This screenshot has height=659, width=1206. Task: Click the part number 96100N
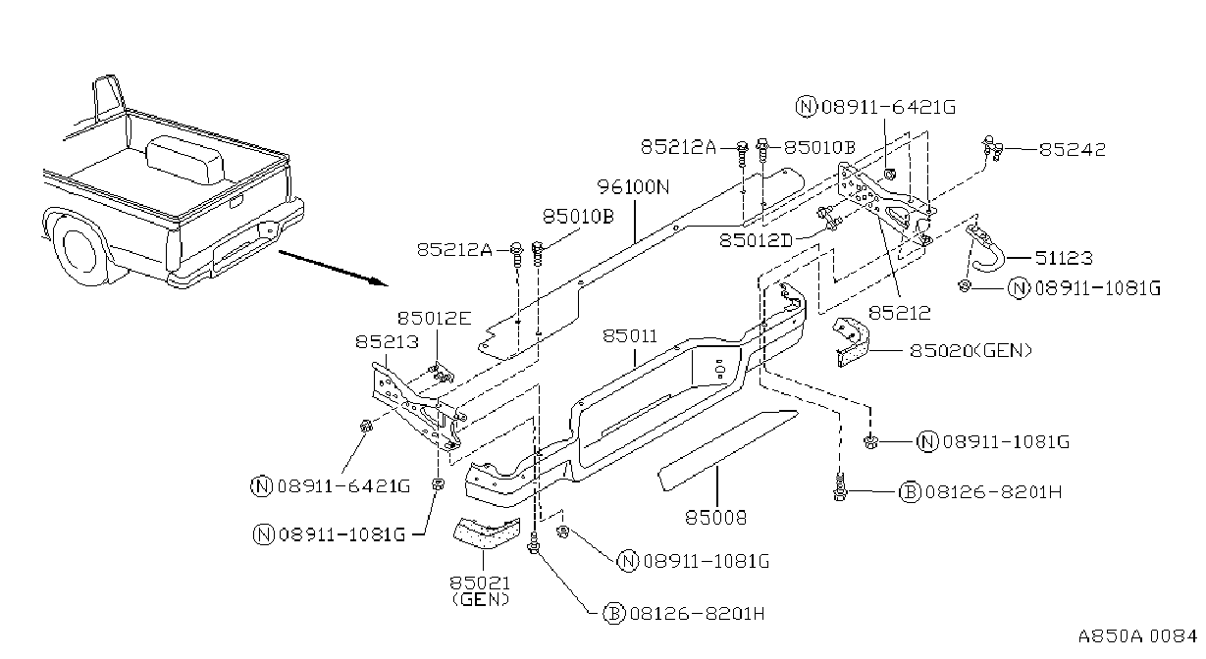click(633, 187)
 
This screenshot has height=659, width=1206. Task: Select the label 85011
click(630, 336)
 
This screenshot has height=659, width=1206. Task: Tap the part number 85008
click(716, 518)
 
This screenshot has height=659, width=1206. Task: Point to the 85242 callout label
click(1072, 149)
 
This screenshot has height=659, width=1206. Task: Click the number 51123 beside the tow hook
click(1064, 258)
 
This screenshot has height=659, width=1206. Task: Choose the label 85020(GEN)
click(971, 351)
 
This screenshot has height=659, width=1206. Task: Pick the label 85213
click(387, 342)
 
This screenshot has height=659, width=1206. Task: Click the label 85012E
click(435, 319)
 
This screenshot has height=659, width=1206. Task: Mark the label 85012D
click(757, 240)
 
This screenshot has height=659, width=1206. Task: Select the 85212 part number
click(900, 313)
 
